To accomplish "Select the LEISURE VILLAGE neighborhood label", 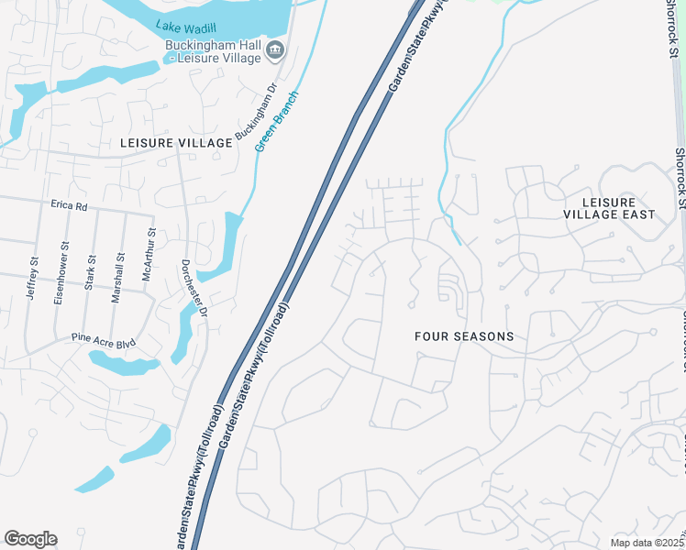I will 177,144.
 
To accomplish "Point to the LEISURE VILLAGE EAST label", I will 619,208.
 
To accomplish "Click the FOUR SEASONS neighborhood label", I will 464,336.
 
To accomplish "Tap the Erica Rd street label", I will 69,207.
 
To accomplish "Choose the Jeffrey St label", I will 34,275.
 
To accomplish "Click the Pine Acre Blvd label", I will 104,343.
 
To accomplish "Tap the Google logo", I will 31,539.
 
